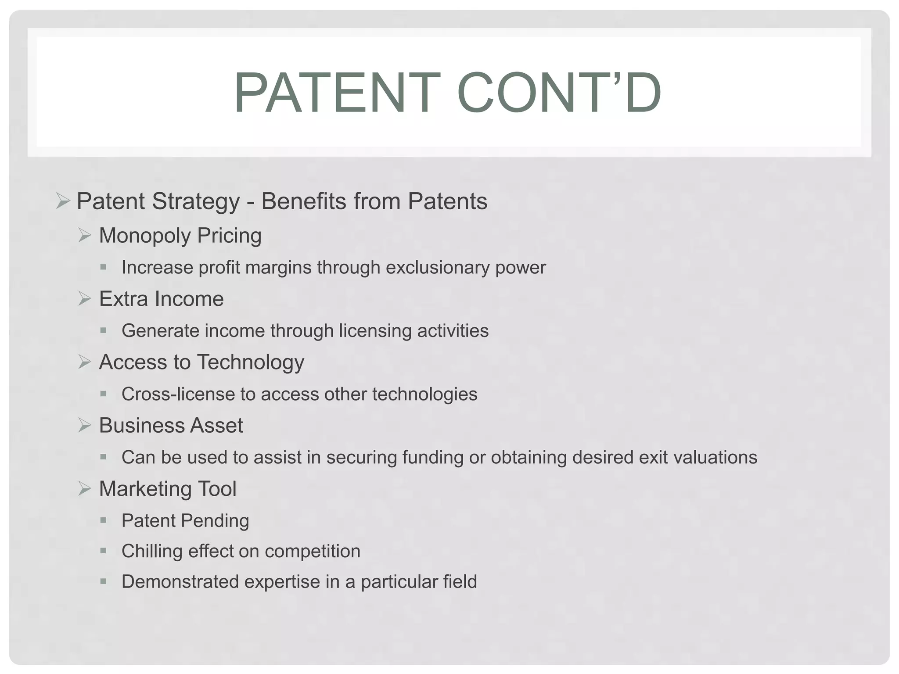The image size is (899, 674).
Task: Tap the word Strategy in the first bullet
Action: pyautogui.click(x=196, y=202)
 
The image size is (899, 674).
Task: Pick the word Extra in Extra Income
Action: pyautogui.click(x=123, y=299)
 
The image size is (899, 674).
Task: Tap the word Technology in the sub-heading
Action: pyautogui.click(x=250, y=363)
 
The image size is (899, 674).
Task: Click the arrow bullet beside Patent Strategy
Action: pyautogui.click(x=63, y=201)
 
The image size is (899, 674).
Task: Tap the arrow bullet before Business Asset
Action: pyautogui.click(x=84, y=425)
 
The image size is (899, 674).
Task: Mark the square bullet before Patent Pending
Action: pyautogui.click(x=103, y=520)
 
